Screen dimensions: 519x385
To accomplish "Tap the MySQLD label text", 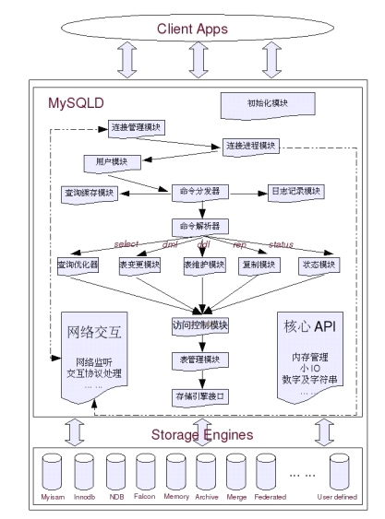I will pyautogui.click(x=77, y=102).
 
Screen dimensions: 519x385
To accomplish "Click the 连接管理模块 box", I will pyautogui.click(x=138, y=127).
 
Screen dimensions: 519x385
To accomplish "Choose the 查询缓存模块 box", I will pyautogui.click(x=90, y=194).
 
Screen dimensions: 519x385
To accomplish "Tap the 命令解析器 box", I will pyautogui.click(x=198, y=226).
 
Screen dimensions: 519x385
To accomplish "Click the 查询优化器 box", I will pyautogui.click(x=78, y=265).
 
